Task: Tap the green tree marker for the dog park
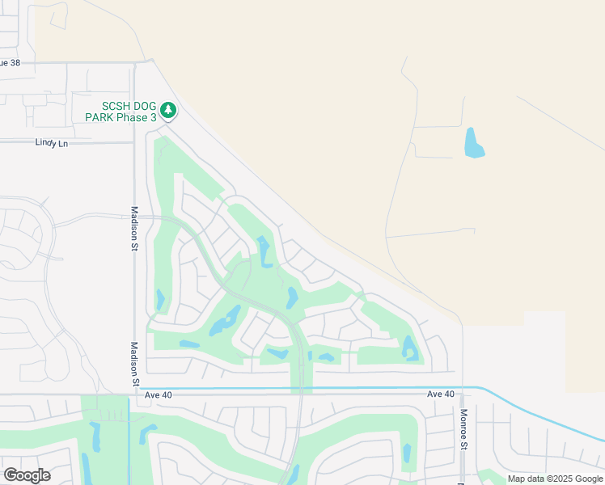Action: coord(168,109)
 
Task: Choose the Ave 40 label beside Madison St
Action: coord(160,395)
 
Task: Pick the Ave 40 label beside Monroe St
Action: coord(441,394)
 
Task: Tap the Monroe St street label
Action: coord(464,428)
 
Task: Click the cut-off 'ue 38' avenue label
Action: coord(11,62)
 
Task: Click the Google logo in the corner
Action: coord(27,474)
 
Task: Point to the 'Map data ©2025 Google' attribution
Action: coord(554,479)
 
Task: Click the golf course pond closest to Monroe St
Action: coord(409,348)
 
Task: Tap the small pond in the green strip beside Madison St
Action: coord(160,300)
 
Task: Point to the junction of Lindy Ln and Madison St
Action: coord(134,142)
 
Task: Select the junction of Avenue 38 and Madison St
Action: coord(134,62)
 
